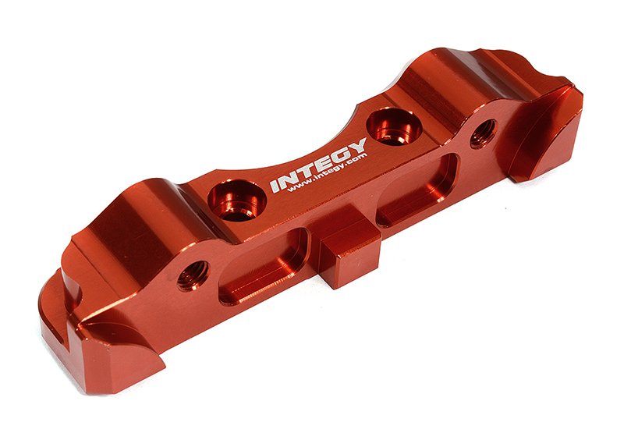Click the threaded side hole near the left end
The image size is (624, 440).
pos(192,275)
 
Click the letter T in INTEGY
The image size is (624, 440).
pos(305,172)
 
